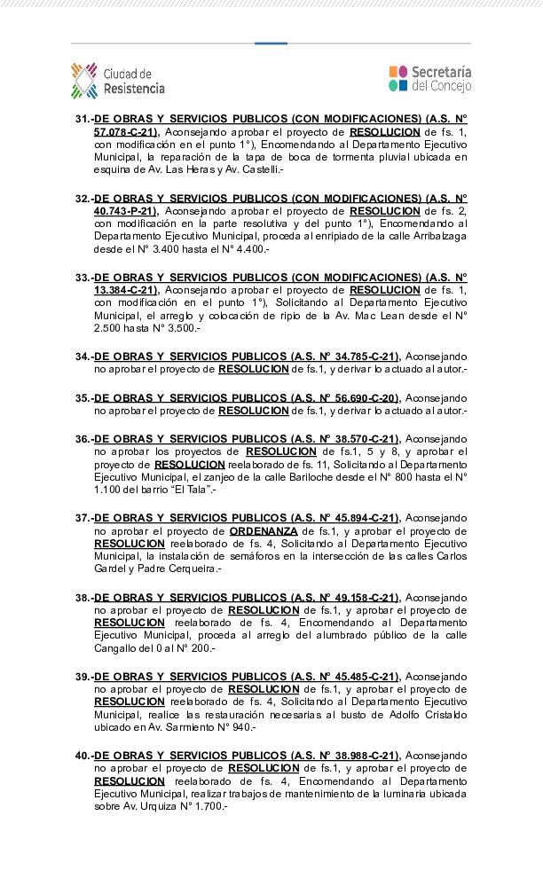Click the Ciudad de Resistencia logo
[118, 80]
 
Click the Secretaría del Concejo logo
[429, 79]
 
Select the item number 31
[83, 118]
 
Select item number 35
[83, 398]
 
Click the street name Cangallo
[117, 648]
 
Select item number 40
[83, 756]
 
